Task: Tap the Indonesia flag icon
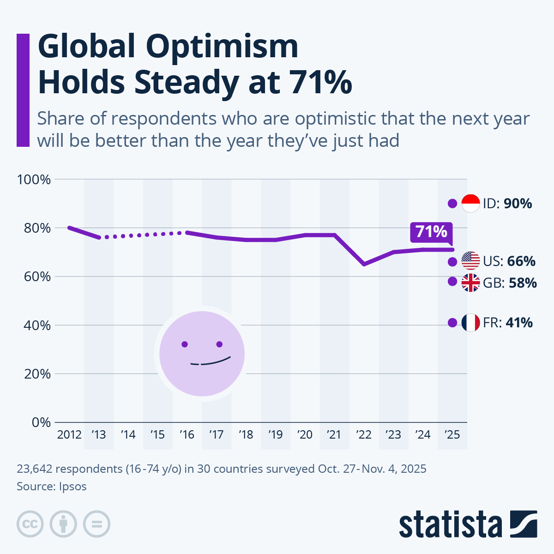pos(470,203)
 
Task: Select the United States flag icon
pos(470,261)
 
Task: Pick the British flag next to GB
pos(470,283)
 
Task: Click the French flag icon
pos(470,322)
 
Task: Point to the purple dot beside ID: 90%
pos(452,203)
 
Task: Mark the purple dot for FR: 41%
pos(452,322)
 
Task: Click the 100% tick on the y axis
pos(34,180)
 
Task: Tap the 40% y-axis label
pos(34,325)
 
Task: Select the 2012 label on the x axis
pos(69,435)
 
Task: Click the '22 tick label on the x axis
pos(364,435)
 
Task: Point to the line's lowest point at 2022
pos(364,264)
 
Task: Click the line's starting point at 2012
pos(69,228)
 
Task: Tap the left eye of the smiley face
pos(185,344)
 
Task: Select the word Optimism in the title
pos(222,47)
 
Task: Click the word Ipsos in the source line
pos(72,486)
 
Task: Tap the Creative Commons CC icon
pos(30,524)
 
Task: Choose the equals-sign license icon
pos(96,524)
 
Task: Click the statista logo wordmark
pos(450,524)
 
